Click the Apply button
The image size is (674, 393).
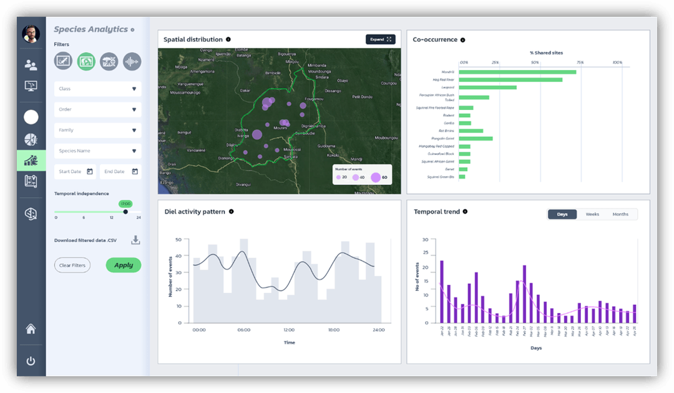pyautogui.click(x=124, y=265)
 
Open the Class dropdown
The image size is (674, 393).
pyautogui.click(x=97, y=89)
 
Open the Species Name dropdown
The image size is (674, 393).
pyautogui.click(x=97, y=151)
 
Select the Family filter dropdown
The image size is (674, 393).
pyautogui.click(x=97, y=130)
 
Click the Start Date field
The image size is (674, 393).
pyautogui.click(x=76, y=171)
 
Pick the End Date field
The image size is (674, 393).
pyautogui.click(x=120, y=171)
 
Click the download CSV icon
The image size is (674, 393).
pyautogui.click(x=135, y=240)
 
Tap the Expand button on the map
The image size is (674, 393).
pyautogui.click(x=380, y=39)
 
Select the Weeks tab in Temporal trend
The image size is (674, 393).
pyautogui.click(x=592, y=214)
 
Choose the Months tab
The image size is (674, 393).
pyautogui.click(x=620, y=214)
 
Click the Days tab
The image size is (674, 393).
pyautogui.click(x=562, y=214)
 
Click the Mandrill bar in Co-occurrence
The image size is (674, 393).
pyautogui.click(x=517, y=72)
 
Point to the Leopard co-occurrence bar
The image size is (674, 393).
pyautogui.click(x=487, y=87)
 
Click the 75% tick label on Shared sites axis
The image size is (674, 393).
pyautogui.click(x=580, y=62)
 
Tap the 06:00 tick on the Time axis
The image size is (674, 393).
pyautogui.click(x=243, y=330)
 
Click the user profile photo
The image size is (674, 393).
pyautogui.click(x=31, y=34)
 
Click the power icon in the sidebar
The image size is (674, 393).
pyautogui.click(x=31, y=361)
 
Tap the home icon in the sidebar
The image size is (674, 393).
pyautogui.click(x=31, y=329)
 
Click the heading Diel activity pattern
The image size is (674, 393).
pyautogui.click(x=194, y=212)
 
